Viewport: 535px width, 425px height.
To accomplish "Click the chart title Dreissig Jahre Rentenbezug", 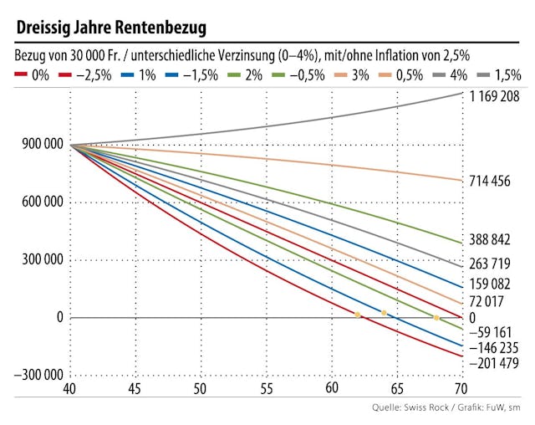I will (111, 27).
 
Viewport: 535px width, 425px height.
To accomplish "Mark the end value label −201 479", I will (500, 364).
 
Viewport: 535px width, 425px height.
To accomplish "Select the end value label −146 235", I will (500, 348).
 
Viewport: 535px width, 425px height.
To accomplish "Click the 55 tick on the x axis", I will (266, 389).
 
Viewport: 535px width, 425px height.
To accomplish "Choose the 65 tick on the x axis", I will (396, 389).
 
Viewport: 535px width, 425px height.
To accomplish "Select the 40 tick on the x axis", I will (71, 389).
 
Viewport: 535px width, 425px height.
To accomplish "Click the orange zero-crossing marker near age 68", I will (436, 318).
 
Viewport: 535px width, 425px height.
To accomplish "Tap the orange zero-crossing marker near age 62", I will (358, 315).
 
